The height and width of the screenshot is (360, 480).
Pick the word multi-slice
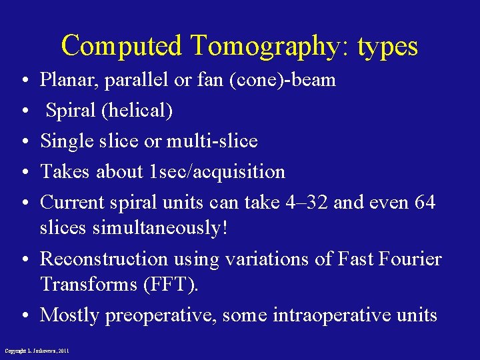point(212,141)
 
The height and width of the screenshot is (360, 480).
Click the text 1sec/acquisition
point(217,172)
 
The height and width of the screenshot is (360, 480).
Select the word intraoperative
point(327,315)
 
